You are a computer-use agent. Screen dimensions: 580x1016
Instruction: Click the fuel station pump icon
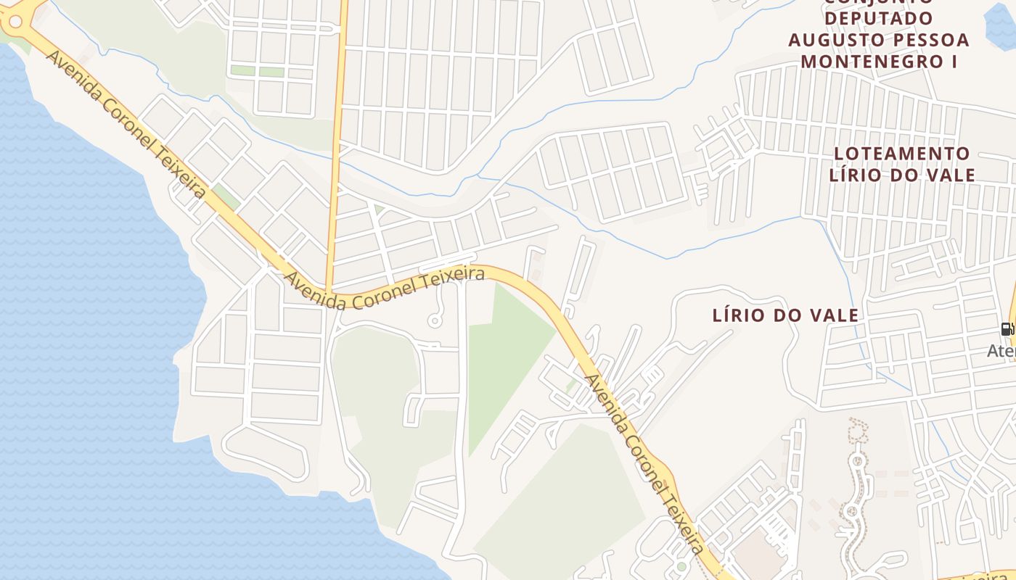(x=1007, y=328)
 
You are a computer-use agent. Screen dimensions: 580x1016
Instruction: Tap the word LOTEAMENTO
(x=901, y=154)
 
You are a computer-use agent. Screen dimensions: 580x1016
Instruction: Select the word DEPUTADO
(x=879, y=17)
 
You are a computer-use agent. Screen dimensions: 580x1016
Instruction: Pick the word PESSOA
(x=932, y=39)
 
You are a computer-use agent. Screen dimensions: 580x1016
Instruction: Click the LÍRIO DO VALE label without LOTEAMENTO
(x=785, y=315)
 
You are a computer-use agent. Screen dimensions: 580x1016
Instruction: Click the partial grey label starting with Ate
(x=1001, y=351)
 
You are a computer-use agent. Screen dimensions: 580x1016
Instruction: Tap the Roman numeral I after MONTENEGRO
(x=954, y=61)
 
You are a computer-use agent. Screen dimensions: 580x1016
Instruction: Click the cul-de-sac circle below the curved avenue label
(x=435, y=321)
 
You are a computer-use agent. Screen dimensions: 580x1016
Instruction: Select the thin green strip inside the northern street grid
(x=257, y=71)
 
